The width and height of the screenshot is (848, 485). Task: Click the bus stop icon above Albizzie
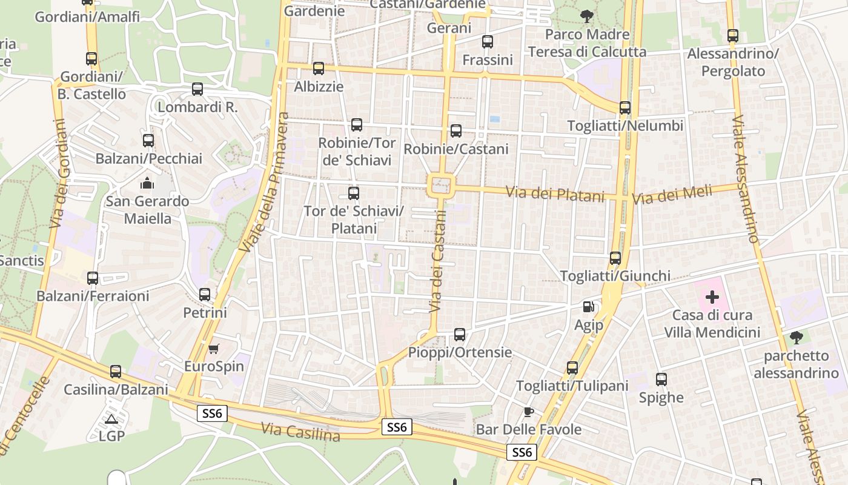pos(319,69)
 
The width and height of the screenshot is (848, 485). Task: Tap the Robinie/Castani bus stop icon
pos(456,131)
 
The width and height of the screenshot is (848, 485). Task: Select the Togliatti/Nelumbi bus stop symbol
pos(625,108)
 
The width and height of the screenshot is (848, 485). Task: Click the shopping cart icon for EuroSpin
pos(213,349)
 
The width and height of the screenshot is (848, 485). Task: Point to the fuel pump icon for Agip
pos(588,307)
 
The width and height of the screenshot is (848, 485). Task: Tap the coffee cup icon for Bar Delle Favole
pos(529,412)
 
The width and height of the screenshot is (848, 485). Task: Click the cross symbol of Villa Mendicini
pos(712,297)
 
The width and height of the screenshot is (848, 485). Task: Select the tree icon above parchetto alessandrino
pos(796,338)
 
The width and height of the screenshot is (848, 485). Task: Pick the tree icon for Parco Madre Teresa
pos(586,16)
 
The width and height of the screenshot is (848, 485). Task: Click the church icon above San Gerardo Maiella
pos(147,182)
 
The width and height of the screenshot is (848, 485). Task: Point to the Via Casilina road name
pos(300,432)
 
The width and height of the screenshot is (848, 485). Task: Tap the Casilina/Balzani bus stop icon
pos(116,371)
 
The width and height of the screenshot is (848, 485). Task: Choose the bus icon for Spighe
pos(661,380)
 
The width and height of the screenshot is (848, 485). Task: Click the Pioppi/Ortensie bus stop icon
pos(460,334)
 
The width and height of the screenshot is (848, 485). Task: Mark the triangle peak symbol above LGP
pos(111,419)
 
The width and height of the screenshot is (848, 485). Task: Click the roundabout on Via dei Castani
pos(441,184)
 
